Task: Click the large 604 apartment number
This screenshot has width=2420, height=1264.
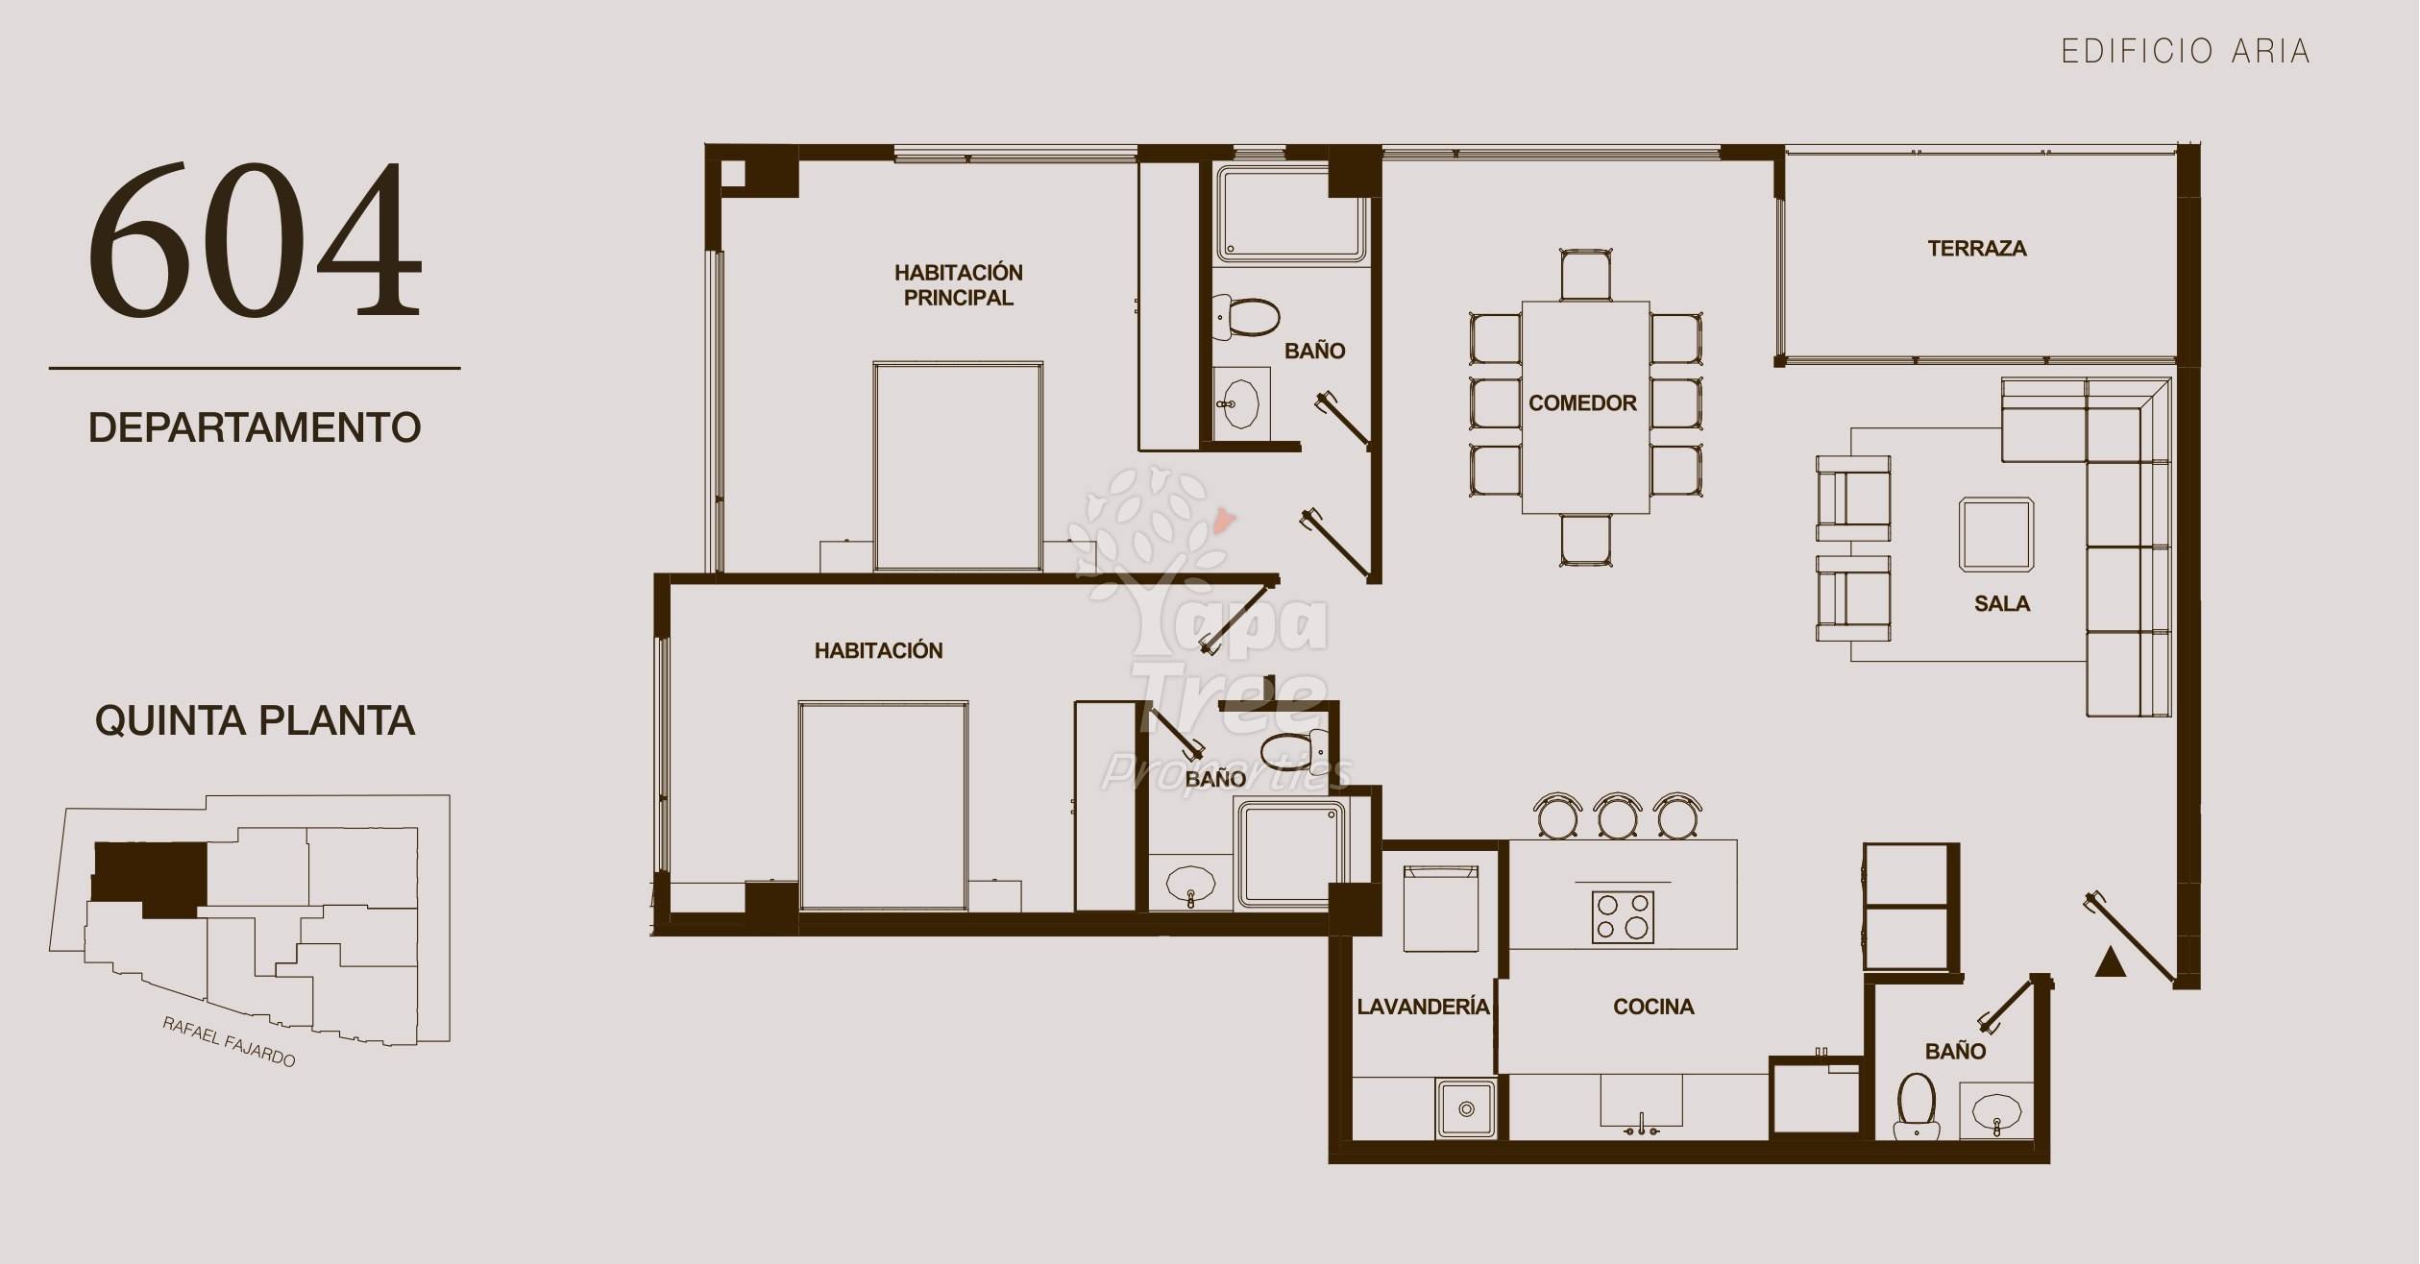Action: coord(255,239)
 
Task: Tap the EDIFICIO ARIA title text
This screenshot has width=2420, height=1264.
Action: coord(2186,51)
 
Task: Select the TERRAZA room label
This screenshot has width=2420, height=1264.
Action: coord(1977,249)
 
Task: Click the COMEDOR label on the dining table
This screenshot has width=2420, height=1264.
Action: coord(1582,403)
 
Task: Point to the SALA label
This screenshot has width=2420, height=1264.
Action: coord(2002,604)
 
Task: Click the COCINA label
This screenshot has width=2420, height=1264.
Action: coord(1653,1007)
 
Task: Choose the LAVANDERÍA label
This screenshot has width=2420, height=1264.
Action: coord(1423,1006)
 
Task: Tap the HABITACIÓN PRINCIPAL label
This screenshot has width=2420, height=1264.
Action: coord(959,285)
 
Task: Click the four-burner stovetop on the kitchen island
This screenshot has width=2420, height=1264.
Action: coord(1623,916)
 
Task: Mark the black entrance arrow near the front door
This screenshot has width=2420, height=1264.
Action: coord(2110,961)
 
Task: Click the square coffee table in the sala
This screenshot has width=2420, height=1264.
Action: coord(1996,535)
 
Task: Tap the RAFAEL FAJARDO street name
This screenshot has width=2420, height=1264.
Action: coord(229,1042)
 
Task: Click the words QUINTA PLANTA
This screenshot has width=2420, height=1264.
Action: coord(255,720)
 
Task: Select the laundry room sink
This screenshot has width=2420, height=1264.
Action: coord(1466,1109)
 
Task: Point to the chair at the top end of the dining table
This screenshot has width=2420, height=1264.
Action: coord(1586,275)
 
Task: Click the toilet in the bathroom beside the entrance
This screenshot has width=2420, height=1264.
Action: coord(1917,1106)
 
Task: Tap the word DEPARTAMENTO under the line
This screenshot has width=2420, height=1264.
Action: coord(255,427)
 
